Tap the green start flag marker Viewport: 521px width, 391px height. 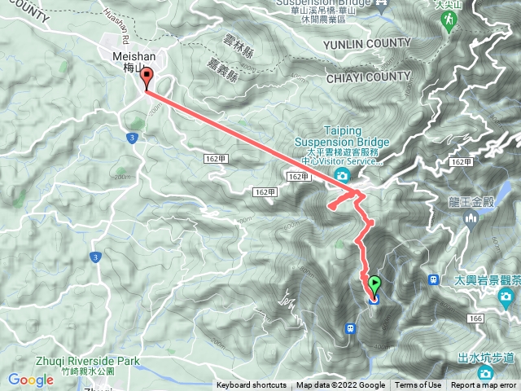pos(374,286)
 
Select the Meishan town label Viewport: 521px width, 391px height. pos(128,61)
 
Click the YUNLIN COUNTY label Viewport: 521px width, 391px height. pos(366,43)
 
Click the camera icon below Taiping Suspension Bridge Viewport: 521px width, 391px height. pos(342,176)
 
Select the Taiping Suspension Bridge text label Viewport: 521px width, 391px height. pos(348,136)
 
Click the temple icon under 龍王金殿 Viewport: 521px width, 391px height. pos(470,218)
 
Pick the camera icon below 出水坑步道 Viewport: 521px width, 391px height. pos(486,373)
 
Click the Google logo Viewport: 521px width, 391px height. pos(30,380)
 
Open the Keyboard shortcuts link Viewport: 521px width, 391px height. pos(251,385)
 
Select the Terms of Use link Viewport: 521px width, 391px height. pos(418,385)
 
